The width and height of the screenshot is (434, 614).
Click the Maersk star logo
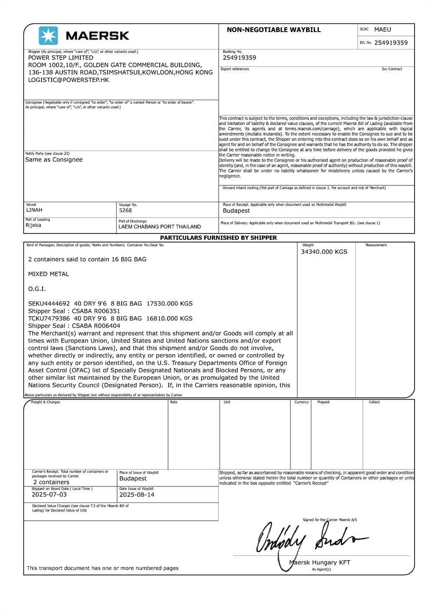pyautogui.click(x=48, y=36)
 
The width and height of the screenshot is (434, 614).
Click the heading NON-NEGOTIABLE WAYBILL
pyautogui.click(x=273, y=30)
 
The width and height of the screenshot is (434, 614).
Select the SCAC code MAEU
pyautogui.click(x=382, y=30)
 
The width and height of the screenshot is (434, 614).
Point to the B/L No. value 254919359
pyautogui.click(x=391, y=43)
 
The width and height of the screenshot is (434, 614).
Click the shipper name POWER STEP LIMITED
pyautogui.click(x=61, y=58)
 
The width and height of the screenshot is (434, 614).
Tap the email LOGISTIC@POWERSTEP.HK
pyautogui.click(x=69, y=80)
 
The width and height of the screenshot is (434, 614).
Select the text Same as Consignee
pyautogui.click(x=54, y=160)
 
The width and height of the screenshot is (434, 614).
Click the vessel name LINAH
pyautogui.click(x=34, y=210)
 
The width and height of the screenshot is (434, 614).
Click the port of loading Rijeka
pyautogui.click(x=33, y=225)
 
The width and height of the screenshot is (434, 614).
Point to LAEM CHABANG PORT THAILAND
pyautogui.click(x=160, y=227)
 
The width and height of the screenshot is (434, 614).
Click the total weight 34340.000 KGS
pyautogui.click(x=324, y=252)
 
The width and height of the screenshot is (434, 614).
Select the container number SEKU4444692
pyautogui.click(x=49, y=303)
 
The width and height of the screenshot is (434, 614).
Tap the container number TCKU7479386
pyautogui.click(x=49, y=318)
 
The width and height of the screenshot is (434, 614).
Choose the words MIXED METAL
pyautogui.click(x=49, y=274)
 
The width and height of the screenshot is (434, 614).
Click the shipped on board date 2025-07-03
pyautogui.click(x=49, y=494)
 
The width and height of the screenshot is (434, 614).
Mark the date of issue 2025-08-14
pyautogui.click(x=137, y=494)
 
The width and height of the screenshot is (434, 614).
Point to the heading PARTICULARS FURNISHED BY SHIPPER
pyautogui.click(x=218, y=238)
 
